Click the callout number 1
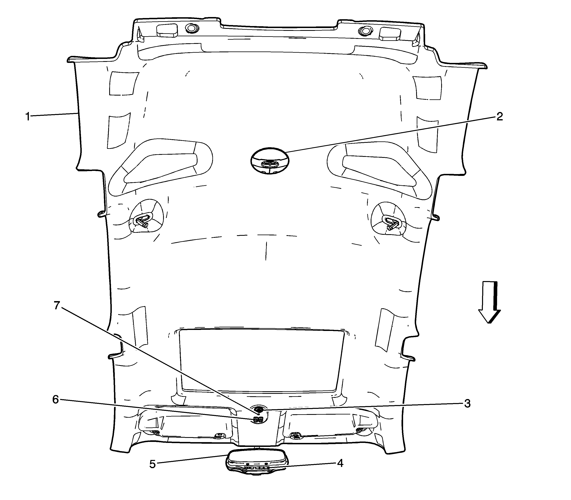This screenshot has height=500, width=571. pos(28,116)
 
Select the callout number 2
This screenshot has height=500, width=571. pos(499,116)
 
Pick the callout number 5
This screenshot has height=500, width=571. pos(152,464)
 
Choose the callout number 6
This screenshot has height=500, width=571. pos(55,400)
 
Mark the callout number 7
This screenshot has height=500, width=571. pos(57,305)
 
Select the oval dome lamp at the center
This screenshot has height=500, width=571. pos(270,161)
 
